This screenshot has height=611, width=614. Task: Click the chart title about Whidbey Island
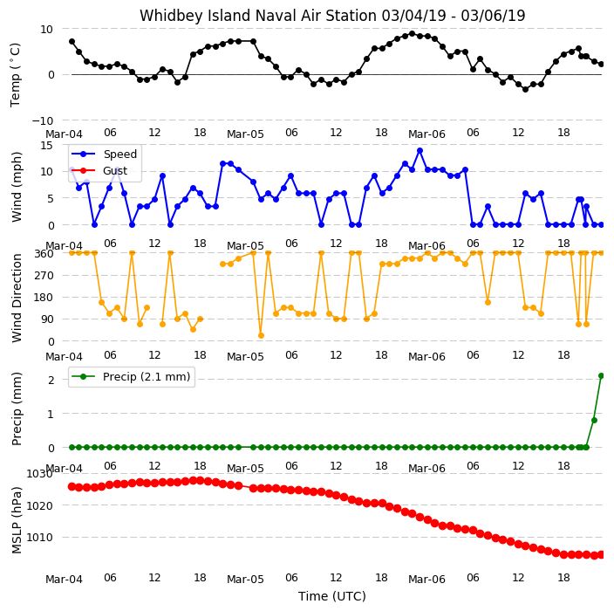click(332, 16)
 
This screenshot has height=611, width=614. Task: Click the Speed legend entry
click(104, 154)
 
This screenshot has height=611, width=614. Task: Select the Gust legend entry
click(99, 171)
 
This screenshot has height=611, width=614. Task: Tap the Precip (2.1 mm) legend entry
click(131, 376)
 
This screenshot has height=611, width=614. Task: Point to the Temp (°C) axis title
click(15, 75)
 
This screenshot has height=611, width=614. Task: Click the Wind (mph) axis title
click(17, 187)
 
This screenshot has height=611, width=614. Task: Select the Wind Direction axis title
click(17, 299)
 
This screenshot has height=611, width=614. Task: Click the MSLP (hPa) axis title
click(17, 520)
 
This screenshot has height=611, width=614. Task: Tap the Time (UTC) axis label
click(332, 596)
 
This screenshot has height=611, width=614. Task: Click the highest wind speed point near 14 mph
click(420, 151)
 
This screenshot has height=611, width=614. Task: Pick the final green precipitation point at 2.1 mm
click(602, 376)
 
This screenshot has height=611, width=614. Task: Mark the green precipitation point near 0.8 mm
click(594, 420)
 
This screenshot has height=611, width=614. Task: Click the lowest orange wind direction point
click(261, 335)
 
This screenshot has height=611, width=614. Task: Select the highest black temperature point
click(412, 34)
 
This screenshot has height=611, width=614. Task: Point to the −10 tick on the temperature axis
click(42, 120)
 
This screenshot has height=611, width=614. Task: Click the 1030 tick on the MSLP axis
click(39, 474)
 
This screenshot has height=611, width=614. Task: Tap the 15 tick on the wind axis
click(46, 146)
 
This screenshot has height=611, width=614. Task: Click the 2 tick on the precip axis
click(51, 380)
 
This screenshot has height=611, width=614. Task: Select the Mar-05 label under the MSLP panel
click(246, 579)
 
